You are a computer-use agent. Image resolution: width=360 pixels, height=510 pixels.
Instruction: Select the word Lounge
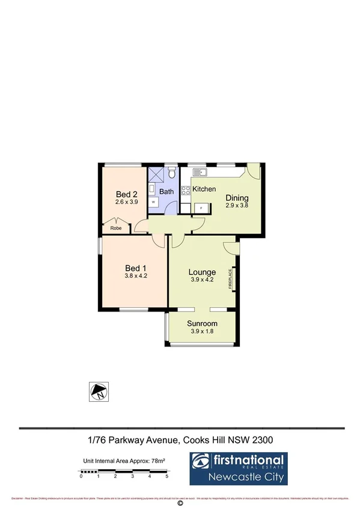(x=202, y=272)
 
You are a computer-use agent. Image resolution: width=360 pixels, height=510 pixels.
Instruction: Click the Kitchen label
(x=204, y=189)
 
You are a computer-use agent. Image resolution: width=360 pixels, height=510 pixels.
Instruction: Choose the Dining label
(x=237, y=198)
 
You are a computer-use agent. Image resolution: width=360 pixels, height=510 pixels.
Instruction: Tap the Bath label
(x=166, y=192)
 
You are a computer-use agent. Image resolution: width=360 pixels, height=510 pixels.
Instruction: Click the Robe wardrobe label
(x=115, y=229)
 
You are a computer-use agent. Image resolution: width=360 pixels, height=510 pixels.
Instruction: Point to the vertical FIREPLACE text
(x=230, y=279)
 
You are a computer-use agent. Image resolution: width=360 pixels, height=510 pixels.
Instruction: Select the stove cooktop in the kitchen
(x=185, y=192)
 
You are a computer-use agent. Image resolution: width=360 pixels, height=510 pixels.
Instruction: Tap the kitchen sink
(x=203, y=173)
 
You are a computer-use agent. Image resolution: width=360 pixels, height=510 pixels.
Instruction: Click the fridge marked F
(x=200, y=208)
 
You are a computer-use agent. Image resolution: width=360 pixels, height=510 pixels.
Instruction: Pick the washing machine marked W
(x=153, y=203)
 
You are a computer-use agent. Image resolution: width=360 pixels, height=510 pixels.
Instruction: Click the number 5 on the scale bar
(x=167, y=476)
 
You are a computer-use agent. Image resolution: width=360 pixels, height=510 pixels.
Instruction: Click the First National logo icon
(x=201, y=462)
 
